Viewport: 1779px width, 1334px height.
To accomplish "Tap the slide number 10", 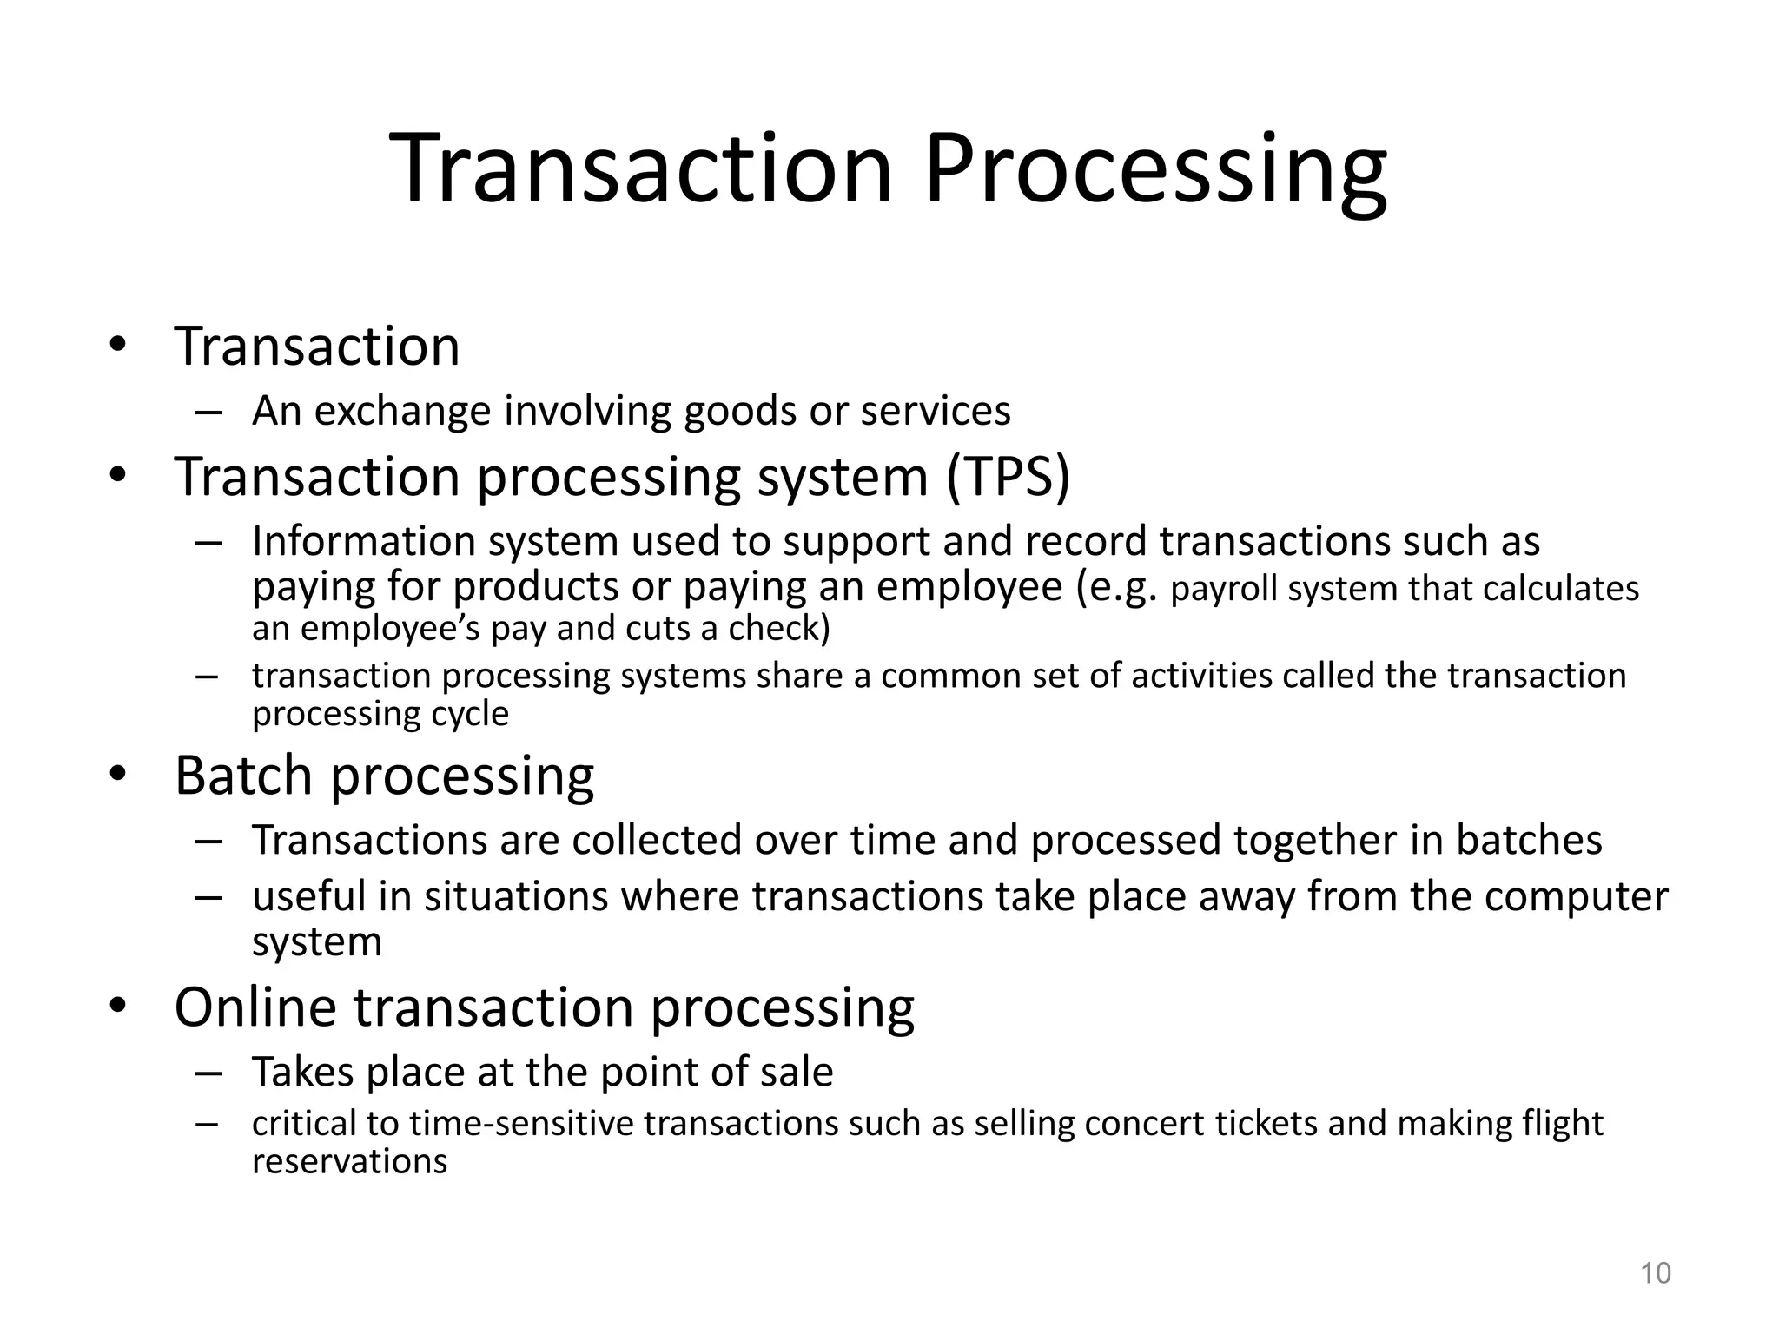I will point(1655,1273).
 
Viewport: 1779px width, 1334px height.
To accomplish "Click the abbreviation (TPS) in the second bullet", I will point(1009,477).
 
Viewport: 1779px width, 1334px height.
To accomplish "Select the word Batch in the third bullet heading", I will point(243,775).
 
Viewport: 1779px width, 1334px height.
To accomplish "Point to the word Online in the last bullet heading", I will point(255,1007).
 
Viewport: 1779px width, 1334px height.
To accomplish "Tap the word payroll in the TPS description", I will point(1225,589).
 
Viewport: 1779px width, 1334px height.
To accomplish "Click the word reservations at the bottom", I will point(349,1161).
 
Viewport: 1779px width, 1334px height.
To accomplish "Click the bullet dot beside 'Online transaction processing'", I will point(118,1007).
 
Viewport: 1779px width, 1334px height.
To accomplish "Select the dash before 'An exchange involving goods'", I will point(209,412).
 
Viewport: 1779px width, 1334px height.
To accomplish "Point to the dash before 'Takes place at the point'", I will point(209,1073).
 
